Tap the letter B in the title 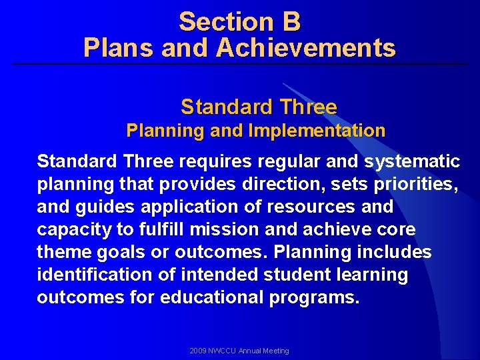[291, 22]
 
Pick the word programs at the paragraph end [314, 298]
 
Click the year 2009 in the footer [198, 351]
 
